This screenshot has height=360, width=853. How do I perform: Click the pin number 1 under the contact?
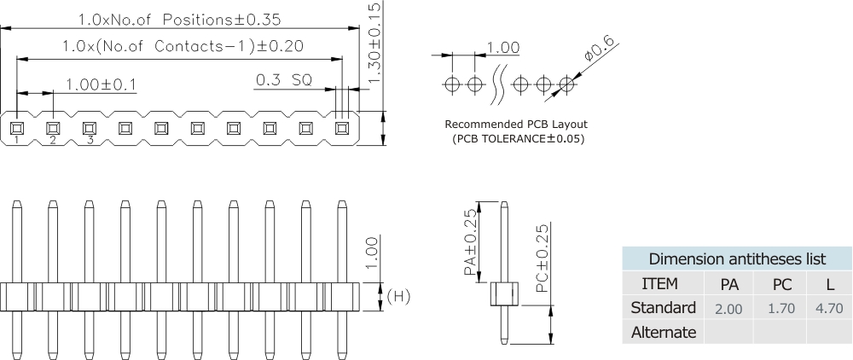16,140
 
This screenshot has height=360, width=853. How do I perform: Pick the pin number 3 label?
89,140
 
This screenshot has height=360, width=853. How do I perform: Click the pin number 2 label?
52,140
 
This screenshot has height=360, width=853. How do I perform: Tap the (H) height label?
399,297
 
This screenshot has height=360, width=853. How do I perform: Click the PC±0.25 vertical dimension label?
543,260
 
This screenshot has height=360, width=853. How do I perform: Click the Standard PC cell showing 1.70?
781,307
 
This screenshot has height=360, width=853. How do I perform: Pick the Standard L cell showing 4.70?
829,307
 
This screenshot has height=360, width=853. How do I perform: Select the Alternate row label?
663,332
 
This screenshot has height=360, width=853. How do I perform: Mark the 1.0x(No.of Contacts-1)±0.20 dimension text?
183,46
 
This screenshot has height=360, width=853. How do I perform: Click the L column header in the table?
829,284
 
